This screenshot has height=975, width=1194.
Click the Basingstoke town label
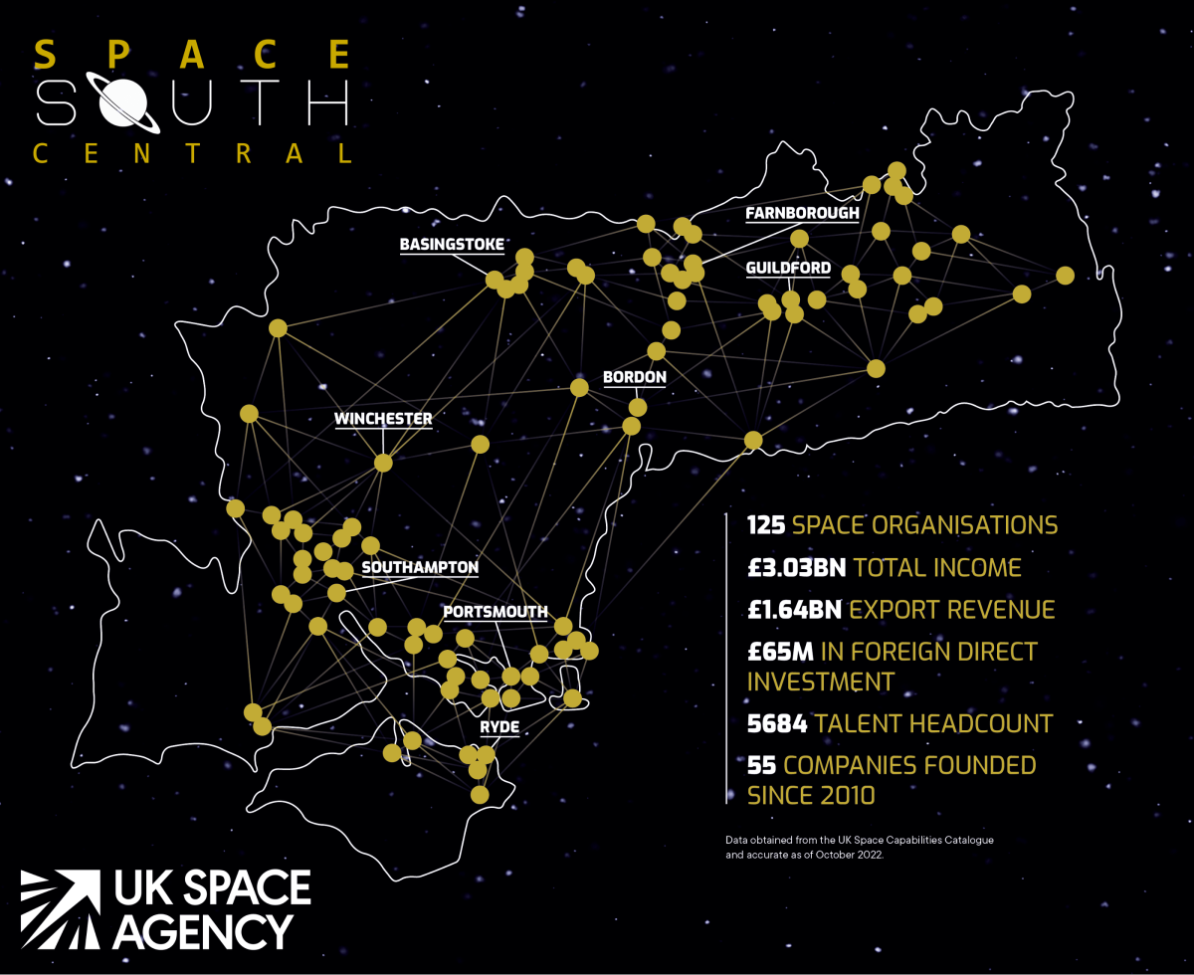point(452,244)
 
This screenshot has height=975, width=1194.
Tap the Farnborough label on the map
point(802,214)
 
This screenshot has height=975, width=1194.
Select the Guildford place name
point(788,269)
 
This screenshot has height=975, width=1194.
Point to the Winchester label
point(383,419)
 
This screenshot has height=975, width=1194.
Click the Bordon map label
point(634,378)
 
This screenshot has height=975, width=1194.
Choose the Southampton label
point(420,567)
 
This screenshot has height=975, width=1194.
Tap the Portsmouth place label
point(495,612)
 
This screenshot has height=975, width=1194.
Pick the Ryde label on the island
point(497,727)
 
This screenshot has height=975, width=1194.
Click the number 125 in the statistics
point(767,525)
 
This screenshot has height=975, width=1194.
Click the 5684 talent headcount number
point(777,723)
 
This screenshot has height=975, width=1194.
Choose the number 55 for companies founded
point(762,766)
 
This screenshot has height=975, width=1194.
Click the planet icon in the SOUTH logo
point(126,100)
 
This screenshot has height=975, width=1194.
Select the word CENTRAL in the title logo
point(193,154)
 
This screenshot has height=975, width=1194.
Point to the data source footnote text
point(860,848)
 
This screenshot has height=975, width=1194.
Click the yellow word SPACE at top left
point(193,54)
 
